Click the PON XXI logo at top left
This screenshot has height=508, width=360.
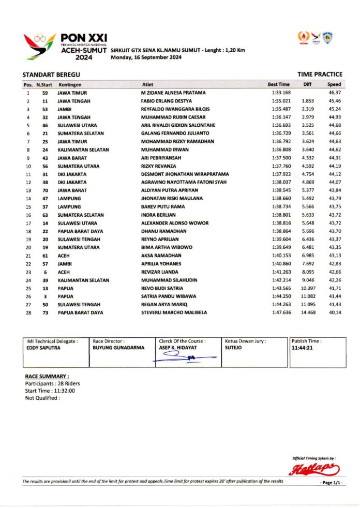65,47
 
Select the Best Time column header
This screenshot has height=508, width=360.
278,84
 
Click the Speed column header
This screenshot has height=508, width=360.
334,84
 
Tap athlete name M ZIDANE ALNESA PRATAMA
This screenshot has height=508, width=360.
173,93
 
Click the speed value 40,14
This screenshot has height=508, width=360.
335,312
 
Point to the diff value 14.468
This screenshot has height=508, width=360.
308,312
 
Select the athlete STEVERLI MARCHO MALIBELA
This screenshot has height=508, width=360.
174,312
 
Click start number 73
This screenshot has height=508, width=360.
46,312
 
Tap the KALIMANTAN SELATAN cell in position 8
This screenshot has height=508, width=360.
83,150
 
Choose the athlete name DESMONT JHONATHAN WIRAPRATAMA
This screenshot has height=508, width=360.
185,174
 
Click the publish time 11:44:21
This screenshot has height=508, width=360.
303,349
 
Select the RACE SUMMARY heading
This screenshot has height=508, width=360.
47,376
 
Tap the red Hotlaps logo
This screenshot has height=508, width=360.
313,469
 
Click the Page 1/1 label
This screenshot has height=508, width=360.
332,483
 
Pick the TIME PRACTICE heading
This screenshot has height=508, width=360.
320,74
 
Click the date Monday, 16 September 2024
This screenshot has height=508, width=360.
146,57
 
